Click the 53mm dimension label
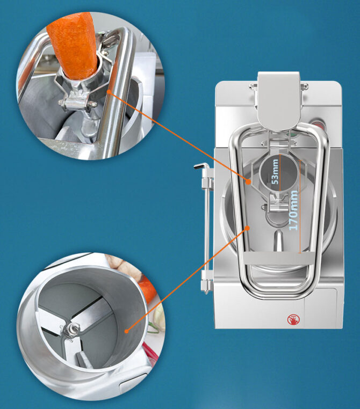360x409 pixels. click(275, 172)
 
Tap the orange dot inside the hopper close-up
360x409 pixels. click(127, 331)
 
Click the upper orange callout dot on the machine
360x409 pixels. click(249, 182)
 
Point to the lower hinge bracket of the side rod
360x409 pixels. click(205, 282)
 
